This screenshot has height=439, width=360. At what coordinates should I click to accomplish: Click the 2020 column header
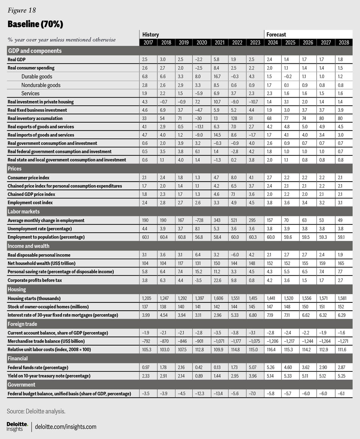[201, 42]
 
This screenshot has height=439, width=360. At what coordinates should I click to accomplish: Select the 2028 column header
[343, 42]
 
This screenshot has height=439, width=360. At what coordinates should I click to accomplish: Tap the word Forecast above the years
[276, 35]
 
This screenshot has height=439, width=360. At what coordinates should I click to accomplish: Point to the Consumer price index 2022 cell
[237, 177]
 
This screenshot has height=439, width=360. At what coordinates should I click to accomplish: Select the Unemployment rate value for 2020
[201, 229]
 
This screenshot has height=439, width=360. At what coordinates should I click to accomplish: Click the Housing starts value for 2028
[343, 298]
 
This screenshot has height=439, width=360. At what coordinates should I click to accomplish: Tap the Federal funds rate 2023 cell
[255, 367]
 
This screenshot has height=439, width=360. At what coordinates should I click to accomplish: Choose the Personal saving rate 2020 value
[201, 271]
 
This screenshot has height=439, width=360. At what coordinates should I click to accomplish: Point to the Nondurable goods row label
[41, 85]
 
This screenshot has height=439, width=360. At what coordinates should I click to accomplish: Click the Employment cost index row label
[30, 203]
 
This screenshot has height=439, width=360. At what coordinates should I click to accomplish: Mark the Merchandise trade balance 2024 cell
[273, 341]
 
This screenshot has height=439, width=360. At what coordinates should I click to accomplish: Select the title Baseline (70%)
[35, 24]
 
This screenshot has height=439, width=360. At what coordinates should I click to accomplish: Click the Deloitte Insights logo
[17, 426]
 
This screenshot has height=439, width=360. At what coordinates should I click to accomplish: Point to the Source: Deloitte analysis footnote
[36, 411]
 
